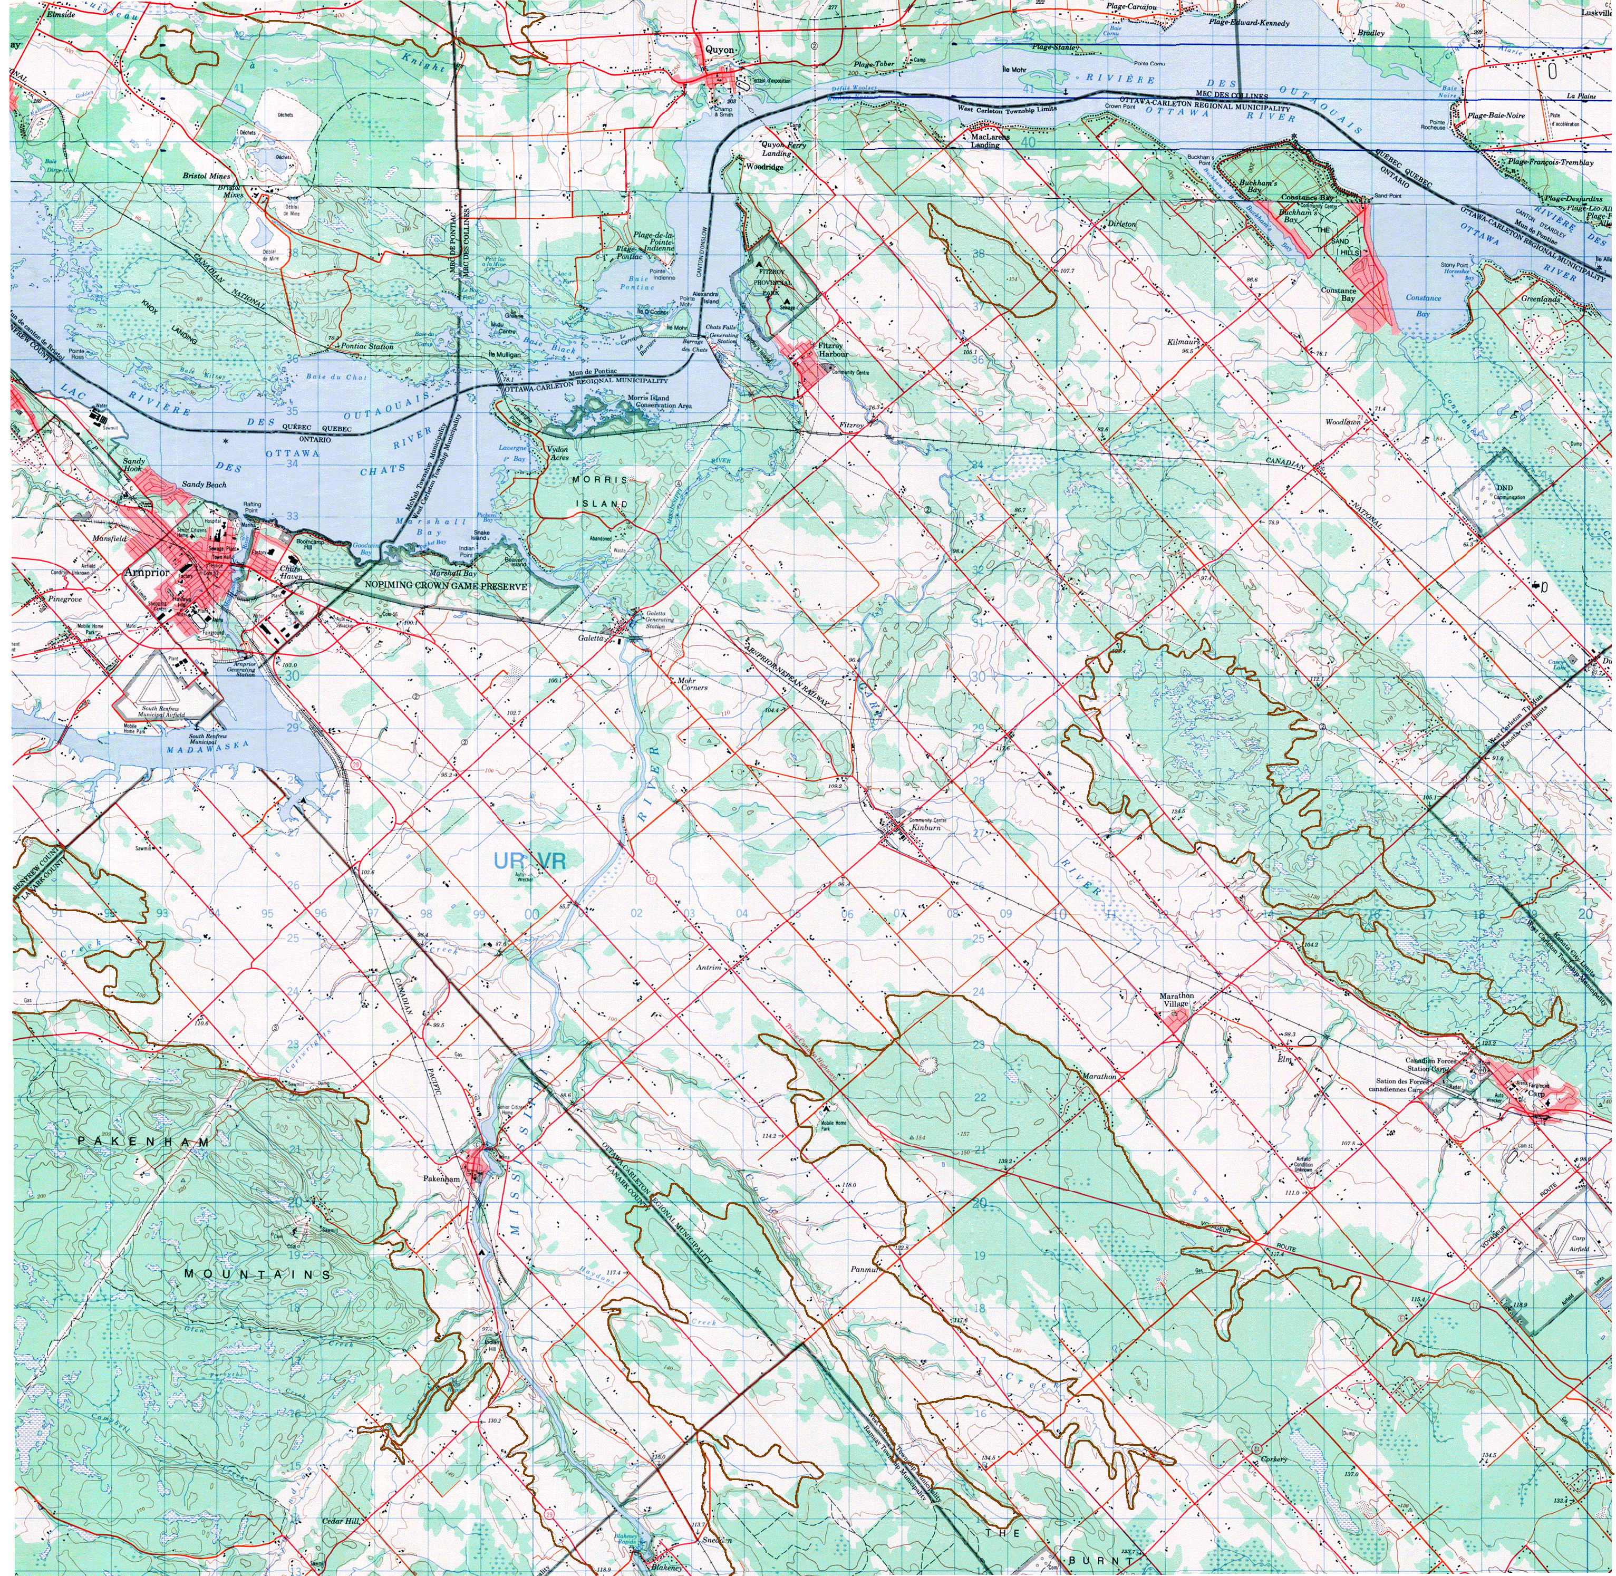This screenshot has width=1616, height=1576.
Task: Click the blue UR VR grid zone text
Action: point(530,861)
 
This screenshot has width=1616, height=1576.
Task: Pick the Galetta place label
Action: point(594,639)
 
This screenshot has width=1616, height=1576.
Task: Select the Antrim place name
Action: point(710,967)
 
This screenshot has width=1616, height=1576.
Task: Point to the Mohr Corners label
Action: point(693,684)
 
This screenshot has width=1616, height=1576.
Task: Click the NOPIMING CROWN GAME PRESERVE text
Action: point(446,586)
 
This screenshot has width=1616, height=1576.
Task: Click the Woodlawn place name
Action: point(1343,422)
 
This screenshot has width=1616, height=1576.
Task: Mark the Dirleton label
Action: point(1123,224)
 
